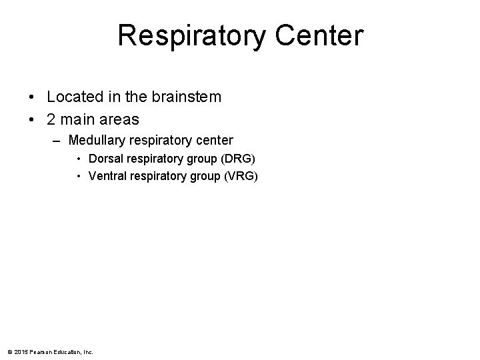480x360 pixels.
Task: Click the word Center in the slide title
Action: (323, 35)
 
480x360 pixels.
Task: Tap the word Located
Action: (71, 97)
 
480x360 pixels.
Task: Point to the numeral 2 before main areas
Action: (52, 119)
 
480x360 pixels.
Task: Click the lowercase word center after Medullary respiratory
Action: (212, 141)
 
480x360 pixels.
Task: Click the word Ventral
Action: (106, 176)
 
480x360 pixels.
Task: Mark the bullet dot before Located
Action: (32, 97)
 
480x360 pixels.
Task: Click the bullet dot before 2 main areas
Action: (32, 120)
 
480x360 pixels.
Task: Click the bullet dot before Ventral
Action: (79, 177)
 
